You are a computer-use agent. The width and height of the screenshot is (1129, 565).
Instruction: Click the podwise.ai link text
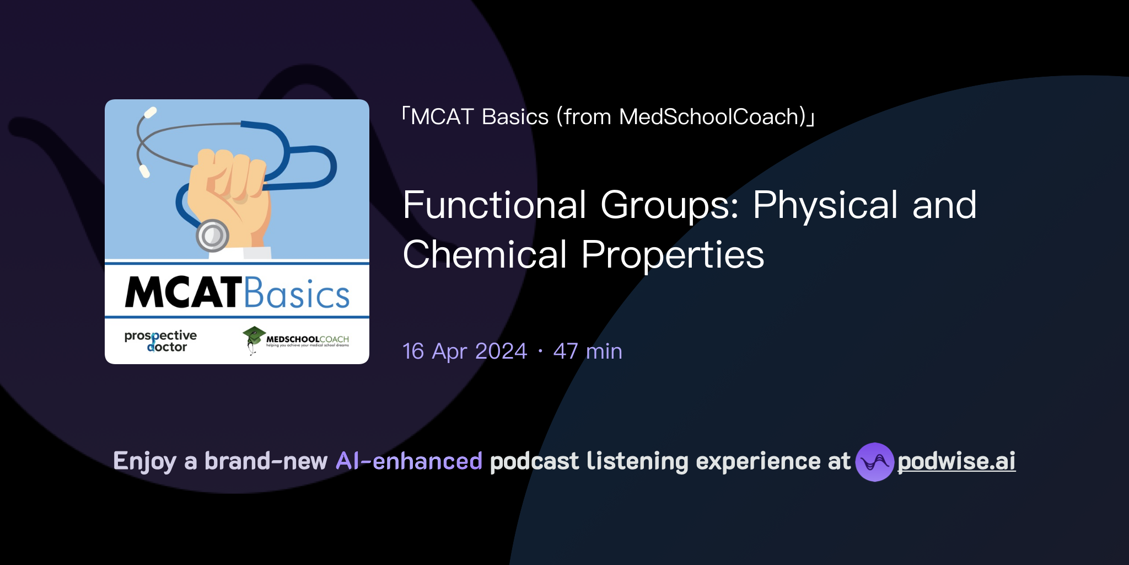point(956,461)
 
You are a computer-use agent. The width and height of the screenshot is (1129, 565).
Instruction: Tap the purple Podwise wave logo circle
point(874,462)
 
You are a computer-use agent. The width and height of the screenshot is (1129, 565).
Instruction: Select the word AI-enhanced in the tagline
point(409,461)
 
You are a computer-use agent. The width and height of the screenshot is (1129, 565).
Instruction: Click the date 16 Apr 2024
point(465,351)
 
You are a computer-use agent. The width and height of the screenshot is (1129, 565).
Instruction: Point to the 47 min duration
point(588,351)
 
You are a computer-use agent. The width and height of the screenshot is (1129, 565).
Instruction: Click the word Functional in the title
point(494,205)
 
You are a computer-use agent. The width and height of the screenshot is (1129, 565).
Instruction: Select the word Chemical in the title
point(485,255)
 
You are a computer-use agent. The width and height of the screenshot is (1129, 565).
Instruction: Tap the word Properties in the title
point(673,255)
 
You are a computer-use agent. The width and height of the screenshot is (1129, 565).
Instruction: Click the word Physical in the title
point(826,205)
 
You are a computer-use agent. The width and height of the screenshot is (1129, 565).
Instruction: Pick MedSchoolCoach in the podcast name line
point(712,117)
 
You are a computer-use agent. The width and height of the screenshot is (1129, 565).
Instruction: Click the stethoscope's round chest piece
point(212,236)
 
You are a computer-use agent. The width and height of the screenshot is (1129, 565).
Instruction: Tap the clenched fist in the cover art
point(229,193)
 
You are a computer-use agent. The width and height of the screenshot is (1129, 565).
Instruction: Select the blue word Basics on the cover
point(297,294)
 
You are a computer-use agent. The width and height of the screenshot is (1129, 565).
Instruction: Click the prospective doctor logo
point(160,341)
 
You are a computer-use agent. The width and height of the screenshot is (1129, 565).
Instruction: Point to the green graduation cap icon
point(254,334)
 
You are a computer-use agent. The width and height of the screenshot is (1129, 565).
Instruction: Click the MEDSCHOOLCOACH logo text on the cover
point(307,339)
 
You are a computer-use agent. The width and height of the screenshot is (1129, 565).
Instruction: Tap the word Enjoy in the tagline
point(144,461)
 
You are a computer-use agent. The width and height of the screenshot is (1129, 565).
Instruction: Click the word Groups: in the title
point(669,205)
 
